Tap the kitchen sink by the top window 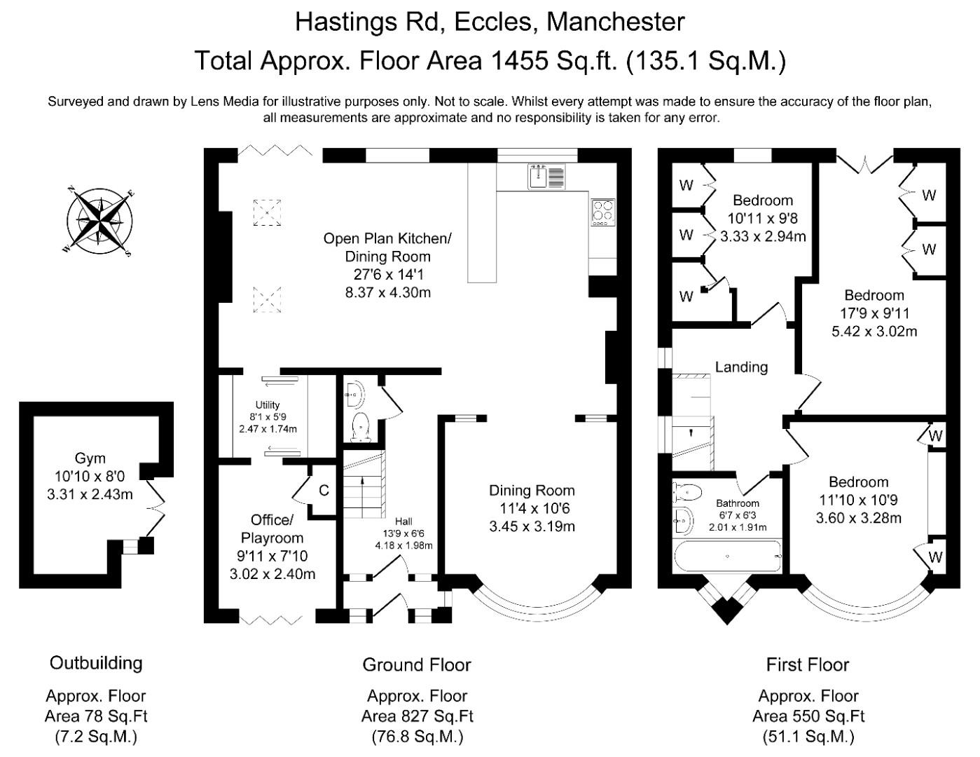(x=546, y=177)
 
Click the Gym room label (x=90, y=458)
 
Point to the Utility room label (x=268, y=405)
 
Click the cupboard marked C (x=324, y=491)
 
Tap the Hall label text (x=403, y=521)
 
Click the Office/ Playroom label (x=272, y=529)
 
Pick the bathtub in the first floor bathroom (x=727, y=557)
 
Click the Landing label (x=741, y=367)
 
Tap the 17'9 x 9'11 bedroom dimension (x=874, y=313)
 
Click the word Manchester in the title (x=615, y=22)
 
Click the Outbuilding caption (x=96, y=663)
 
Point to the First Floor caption (x=808, y=664)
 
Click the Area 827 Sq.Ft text (x=417, y=716)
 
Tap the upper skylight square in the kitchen (x=266, y=212)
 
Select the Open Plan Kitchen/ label (x=387, y=238)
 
